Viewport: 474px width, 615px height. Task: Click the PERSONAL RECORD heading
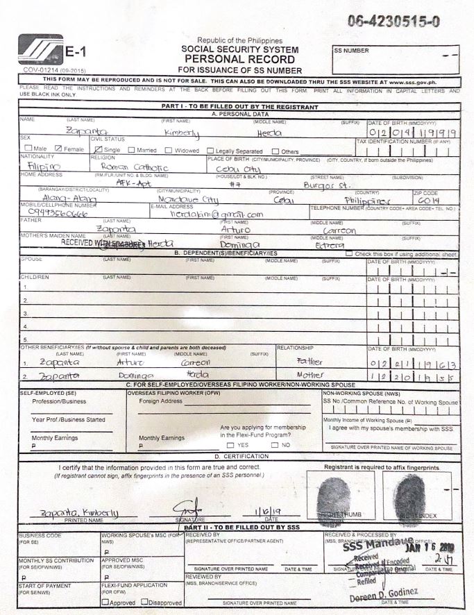click(x=239, y=60)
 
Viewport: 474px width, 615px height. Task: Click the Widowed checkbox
click(x=169, y=150)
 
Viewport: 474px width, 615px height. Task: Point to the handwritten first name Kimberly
click(x=181, y=132)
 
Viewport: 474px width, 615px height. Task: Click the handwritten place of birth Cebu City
click(x=237, y=167)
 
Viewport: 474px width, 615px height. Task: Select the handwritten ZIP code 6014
click(x=429, y=200)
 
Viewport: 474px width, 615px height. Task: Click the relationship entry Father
click(x=309, y=362)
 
